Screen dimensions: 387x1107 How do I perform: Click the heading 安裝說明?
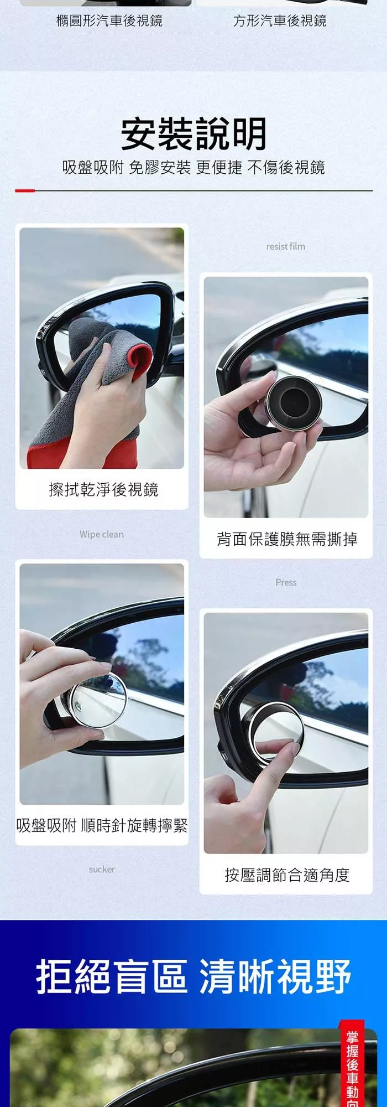pyautogui.click(x=193, y=134)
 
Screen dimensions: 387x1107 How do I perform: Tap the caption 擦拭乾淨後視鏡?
pyautogui.click(x=103, y=489)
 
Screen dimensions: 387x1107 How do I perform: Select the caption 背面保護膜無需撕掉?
pyautogui.click(x=287, y=539)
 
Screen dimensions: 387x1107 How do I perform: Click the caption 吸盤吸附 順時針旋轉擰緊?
pyautogui.click(x=102, y=826)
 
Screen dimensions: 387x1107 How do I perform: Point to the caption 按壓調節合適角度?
pyautogui.click(x=287, y=875)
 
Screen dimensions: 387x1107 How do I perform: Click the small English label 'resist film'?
pyautogui.click(x=285, y=246)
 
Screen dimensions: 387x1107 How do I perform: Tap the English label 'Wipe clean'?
pyautogui.click(x=102, y=534)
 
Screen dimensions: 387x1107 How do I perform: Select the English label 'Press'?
pyautogui.click(x=286, y=582)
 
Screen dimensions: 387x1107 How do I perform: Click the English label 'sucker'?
pyautogui.click(x=102, y=869)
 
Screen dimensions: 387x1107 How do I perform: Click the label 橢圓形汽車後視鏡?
pyautogui.click(x=109, y=20)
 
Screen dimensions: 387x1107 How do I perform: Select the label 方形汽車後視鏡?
pyautogui.click(x=280, y=20)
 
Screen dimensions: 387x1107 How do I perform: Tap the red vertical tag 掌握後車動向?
pyautogui.click(x=352, y=1063)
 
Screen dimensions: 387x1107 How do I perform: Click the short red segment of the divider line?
pyautogui.click(x=25, y=190)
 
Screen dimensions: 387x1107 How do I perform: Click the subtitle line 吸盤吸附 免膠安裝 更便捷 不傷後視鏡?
pyautogui.click(x=193, y=167)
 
